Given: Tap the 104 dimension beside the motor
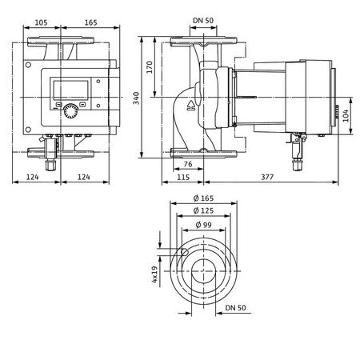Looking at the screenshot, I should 346,117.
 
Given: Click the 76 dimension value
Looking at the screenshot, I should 187,165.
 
